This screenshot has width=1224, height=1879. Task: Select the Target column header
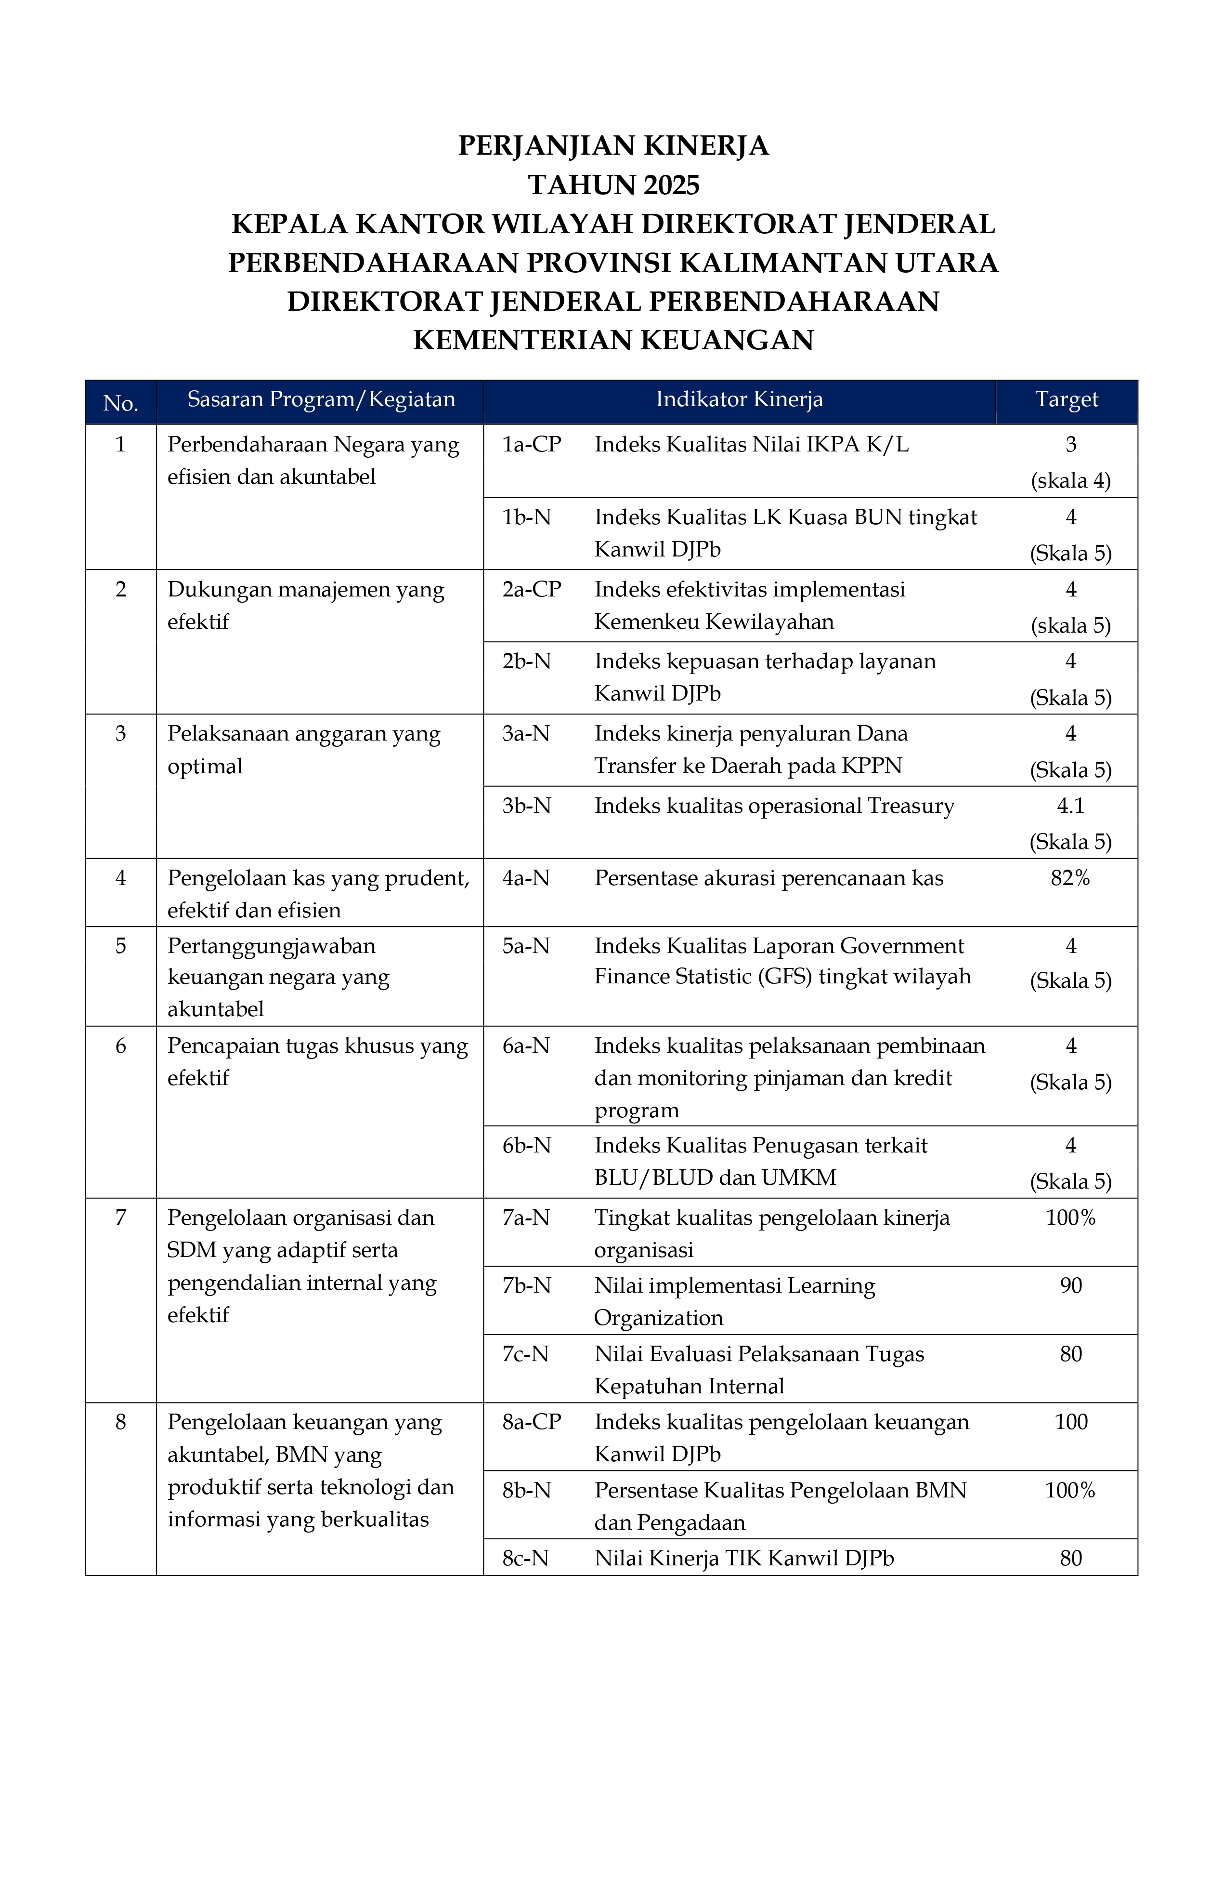point(1066,399)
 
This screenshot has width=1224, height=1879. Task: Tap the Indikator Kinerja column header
point(739,399)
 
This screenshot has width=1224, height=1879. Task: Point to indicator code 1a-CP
point(531,445)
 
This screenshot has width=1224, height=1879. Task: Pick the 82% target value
point(1070,878)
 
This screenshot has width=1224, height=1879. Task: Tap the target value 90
point(1070,1285)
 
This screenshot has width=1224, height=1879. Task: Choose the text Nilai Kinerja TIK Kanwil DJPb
point(743,1559)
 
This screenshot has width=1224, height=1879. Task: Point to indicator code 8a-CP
point(531,1422)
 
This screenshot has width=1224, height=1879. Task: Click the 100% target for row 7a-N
point(1070,1217)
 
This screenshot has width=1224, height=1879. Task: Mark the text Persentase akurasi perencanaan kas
point(768,878)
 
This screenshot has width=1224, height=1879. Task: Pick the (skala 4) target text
point(1070,481)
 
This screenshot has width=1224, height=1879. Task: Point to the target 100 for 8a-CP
point(1070,1422)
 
